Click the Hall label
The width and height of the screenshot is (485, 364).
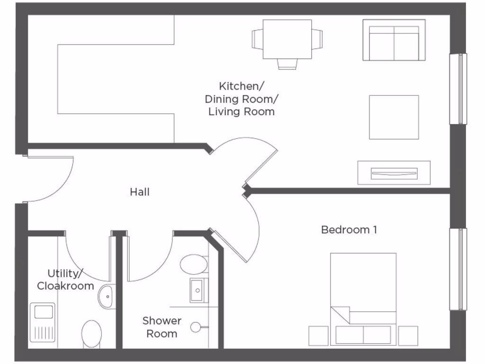[140, 192]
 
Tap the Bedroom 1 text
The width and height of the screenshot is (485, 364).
[349, 230]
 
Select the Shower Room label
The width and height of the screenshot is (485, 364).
[162, 327]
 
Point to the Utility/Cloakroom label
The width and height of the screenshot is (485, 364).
[65, 280]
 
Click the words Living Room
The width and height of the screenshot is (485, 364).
[242, 112]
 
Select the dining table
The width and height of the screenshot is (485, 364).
[287, 39]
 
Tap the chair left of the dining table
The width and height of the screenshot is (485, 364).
[257, 39]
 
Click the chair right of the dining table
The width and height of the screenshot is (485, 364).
[317, 39]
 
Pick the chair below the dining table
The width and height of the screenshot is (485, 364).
[287, 64]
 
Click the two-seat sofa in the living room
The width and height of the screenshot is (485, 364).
[394, 41]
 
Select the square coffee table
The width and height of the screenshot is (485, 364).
[394, 117]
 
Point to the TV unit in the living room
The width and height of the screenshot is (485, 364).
[394, 173]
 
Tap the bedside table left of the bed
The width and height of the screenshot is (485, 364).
[318, 336]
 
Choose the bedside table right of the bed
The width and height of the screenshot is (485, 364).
[408, 336]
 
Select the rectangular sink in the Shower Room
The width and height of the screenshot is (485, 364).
[198, 290]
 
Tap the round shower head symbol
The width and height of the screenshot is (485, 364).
[195, 327]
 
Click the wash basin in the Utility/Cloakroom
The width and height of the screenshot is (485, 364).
[107, 297]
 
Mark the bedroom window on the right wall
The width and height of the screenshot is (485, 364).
[458, 269]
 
